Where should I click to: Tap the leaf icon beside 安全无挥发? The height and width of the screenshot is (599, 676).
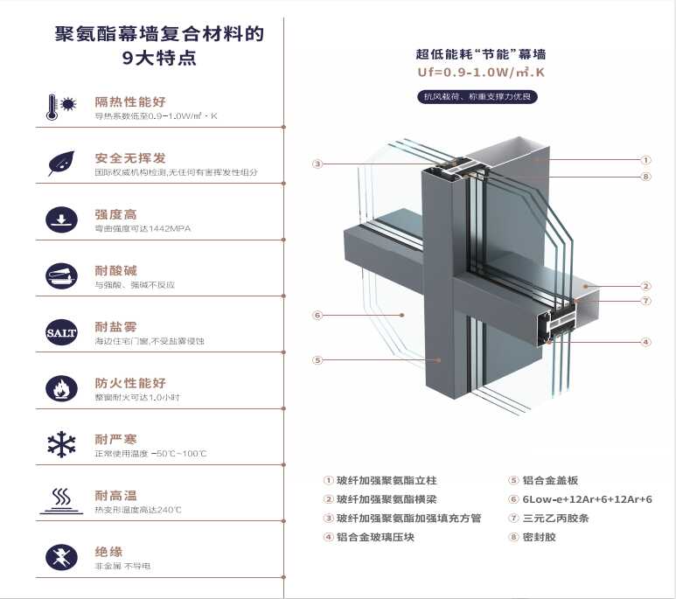coord(61,163)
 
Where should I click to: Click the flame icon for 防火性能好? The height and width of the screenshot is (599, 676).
coord(61,388)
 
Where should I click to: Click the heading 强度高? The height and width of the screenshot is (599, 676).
coord(115,214)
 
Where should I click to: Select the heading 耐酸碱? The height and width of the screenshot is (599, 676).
coord(115,270)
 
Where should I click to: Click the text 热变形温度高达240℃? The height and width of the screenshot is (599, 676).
coord(138,510)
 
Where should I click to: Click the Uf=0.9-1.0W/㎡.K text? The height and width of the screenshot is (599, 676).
coord(481,73)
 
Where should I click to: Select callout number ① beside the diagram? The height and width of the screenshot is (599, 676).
coord(645,160)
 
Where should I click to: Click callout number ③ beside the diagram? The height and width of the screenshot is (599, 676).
coord(317,164)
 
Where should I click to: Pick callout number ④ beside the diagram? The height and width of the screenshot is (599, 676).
coord(645,342)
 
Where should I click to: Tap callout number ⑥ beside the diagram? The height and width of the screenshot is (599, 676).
coord(317,315)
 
